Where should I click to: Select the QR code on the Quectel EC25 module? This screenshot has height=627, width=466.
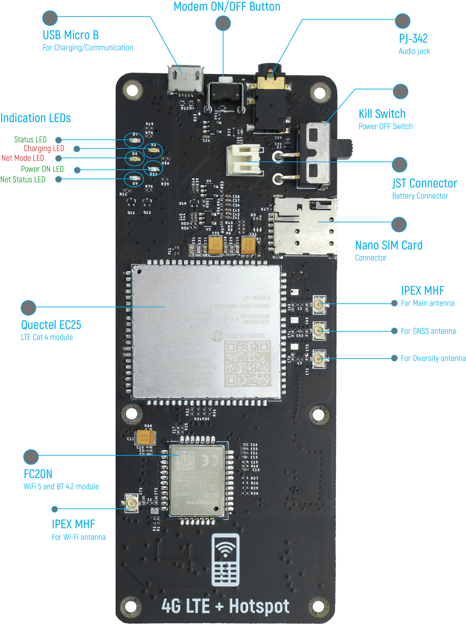click(247, 363)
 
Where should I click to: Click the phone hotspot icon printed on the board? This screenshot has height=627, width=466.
click(225, 560)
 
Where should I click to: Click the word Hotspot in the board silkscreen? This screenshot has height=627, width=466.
click(259, 606)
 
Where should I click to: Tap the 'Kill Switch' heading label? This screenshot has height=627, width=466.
click(382, 114)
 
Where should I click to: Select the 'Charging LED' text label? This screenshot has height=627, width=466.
click(44, 148)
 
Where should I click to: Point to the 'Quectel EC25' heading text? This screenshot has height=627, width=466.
click(51, 325)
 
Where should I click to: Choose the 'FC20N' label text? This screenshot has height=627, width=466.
click(38, 474)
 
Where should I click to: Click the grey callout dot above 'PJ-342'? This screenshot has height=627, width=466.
click(402, 21)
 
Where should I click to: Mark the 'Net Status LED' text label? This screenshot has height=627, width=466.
click(23, 179)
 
